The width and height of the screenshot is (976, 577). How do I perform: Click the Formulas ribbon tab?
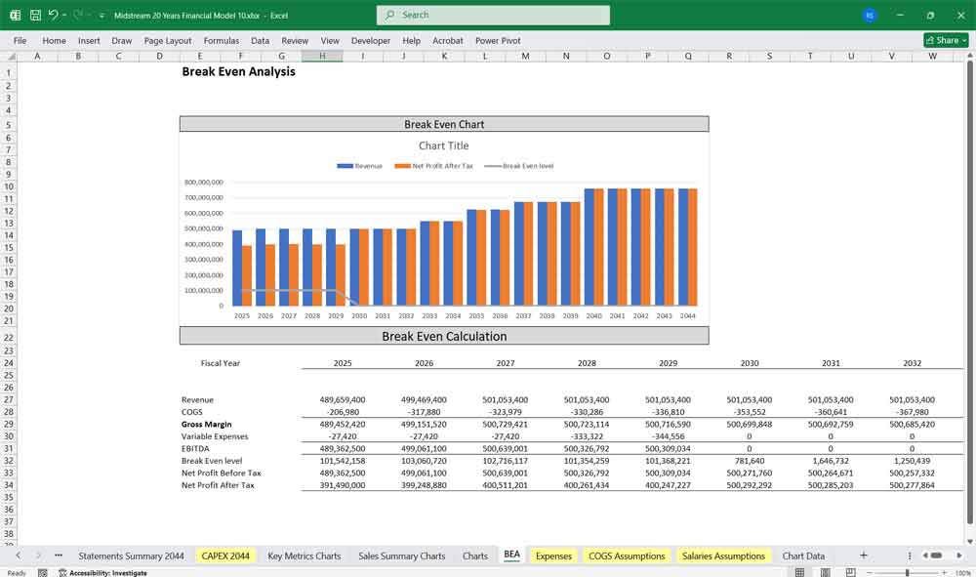[x=221, y=41]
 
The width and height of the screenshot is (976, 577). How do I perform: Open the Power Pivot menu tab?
[x=498, y=41]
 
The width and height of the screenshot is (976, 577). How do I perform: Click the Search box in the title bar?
[x=493, y=15]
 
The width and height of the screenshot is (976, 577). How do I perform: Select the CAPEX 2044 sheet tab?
[x=225, y=556]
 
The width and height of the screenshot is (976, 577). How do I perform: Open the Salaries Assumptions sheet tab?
[x=723, y=556]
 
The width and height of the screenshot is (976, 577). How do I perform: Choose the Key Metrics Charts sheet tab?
[x=304, y=556]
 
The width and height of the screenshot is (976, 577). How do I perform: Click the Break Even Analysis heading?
[x=238, y=71]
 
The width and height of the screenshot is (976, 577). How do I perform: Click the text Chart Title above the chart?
[x=444, y=145]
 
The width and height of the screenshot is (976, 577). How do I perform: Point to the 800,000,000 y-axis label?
[x=203, y=183]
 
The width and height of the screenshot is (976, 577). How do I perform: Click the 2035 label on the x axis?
[x=475, y=315]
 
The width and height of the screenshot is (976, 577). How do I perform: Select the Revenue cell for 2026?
[x=424, y=399]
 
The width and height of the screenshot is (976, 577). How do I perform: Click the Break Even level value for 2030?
[x=749, y=461]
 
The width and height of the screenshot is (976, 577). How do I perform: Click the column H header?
[x=321, y=56]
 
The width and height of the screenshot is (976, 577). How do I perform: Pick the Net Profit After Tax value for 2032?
[x=912, y=485]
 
